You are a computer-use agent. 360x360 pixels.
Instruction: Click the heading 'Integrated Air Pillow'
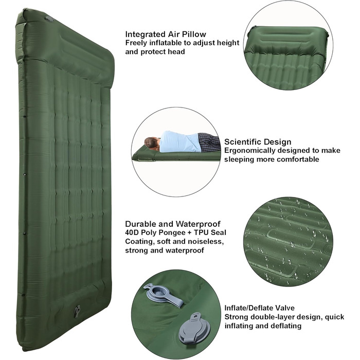click(x=166, y=34)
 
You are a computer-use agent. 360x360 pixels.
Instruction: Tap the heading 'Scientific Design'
click(x=258, y=142)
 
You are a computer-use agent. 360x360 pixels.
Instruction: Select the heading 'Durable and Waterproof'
click(x=173, y=224)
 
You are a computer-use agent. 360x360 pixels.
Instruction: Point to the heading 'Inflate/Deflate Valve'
click(x=259, y=308)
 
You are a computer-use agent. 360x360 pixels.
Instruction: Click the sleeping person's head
click(x=152, y=143)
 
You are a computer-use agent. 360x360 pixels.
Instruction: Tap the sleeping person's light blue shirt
click(x=178, y=141)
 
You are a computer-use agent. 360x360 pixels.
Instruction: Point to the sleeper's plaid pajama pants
click(x=208, y=142)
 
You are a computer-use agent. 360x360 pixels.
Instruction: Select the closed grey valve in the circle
click(x=194, y=326)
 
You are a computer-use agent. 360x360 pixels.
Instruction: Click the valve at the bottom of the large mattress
click(x=77, y=311)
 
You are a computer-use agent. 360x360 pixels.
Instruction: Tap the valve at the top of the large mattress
click(x=49, y=19)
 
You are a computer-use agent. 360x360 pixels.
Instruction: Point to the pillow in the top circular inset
click(x=286, y=40)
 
